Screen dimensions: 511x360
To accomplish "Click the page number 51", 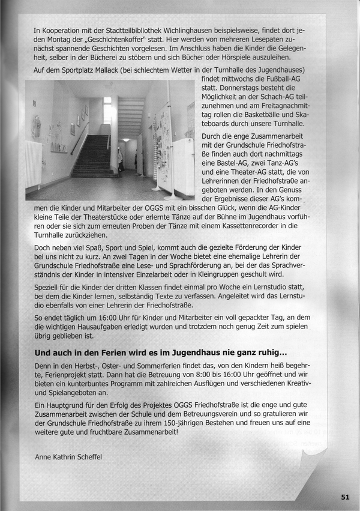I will click(x=345, y=497).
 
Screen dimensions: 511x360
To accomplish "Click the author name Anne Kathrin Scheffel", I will click(x=68, y=456).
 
